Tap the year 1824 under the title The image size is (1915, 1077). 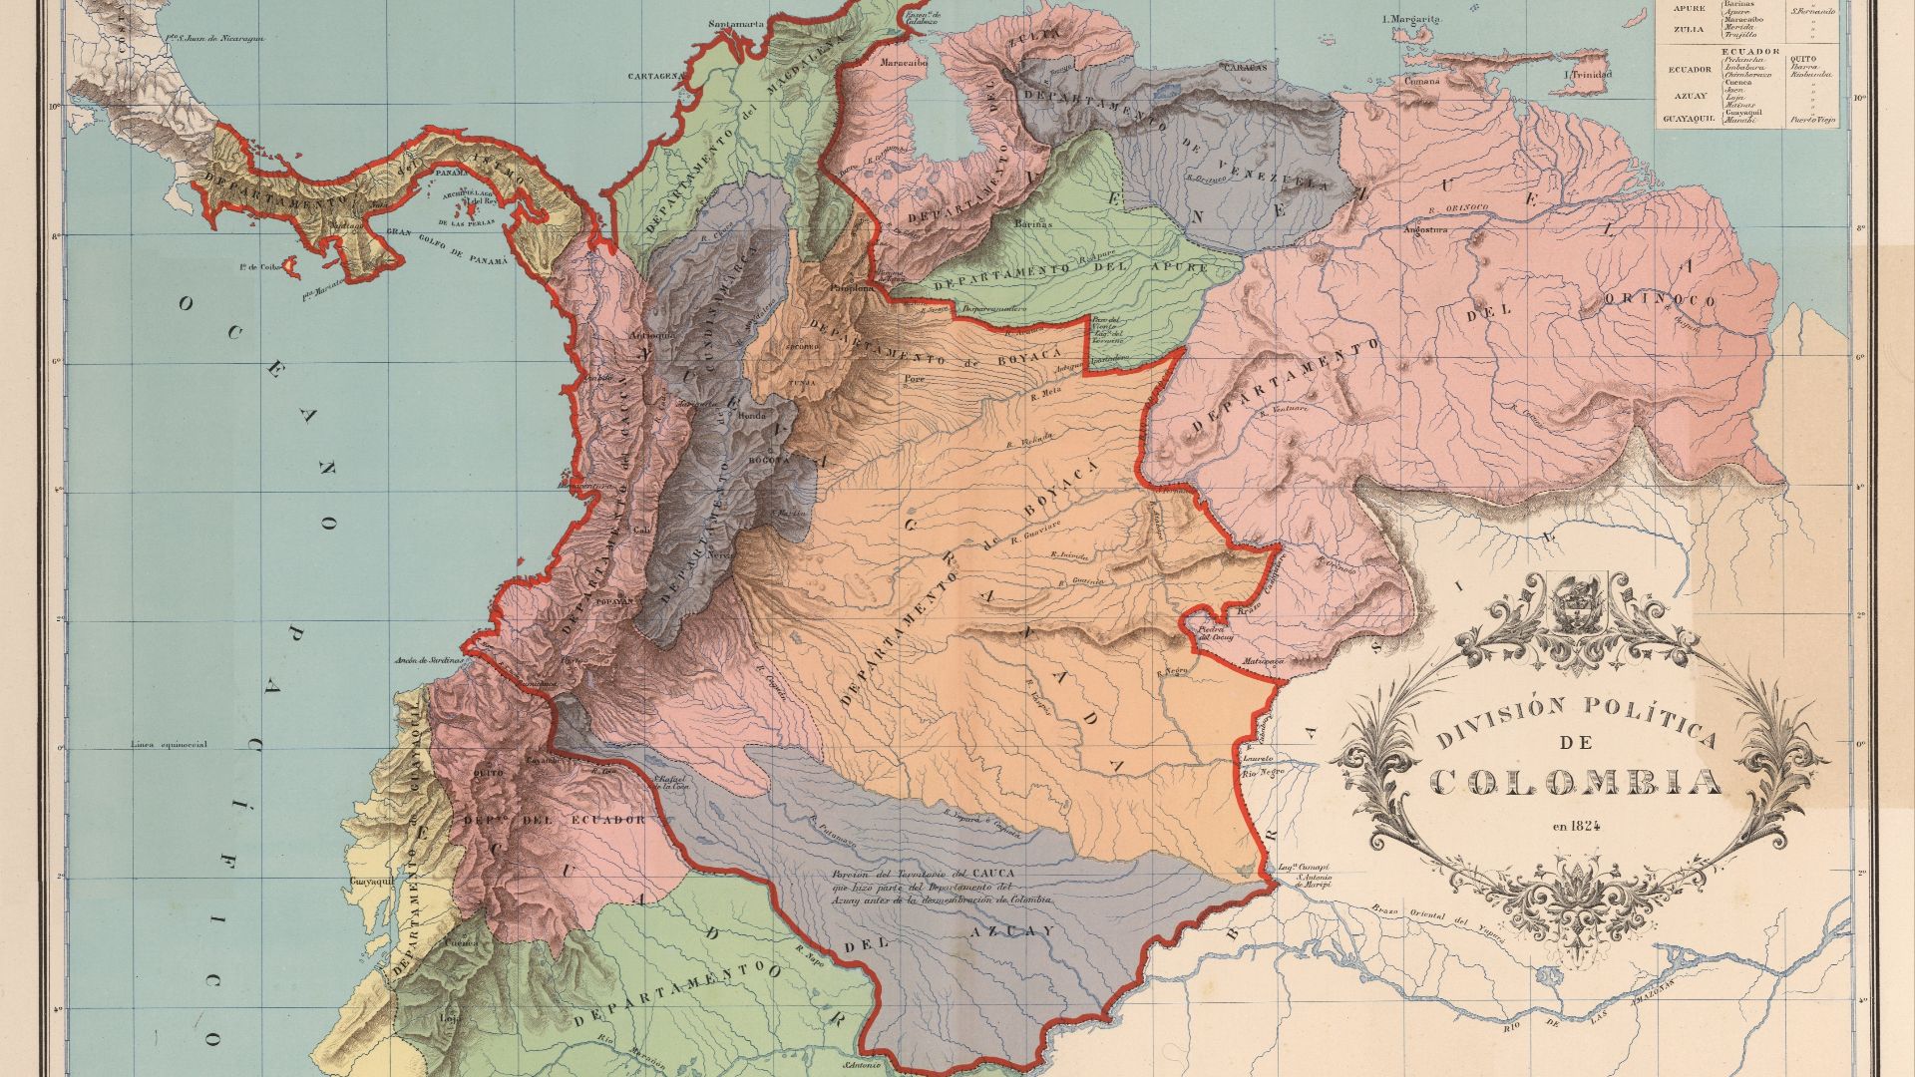point(1576,825)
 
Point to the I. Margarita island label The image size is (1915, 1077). point(1412,19)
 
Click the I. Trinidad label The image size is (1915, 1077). point(1588,75)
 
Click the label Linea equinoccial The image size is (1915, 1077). point(168,744)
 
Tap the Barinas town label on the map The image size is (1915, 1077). point(1034,224)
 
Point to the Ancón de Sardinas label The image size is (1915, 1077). point(430,660)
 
